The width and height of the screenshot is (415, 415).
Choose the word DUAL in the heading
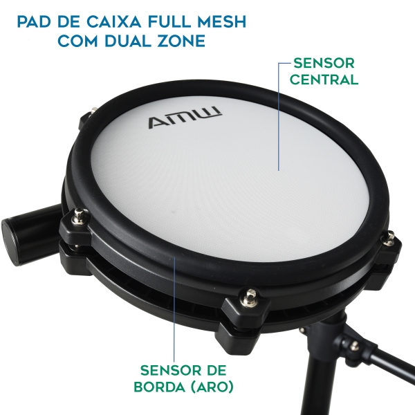coord(126,41)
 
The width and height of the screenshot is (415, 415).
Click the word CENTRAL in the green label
coord(324,79)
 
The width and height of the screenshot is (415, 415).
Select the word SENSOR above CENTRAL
coord(324,62)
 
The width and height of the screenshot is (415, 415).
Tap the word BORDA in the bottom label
coord(164,386)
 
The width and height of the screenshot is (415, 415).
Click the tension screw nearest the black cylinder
coord(80,218)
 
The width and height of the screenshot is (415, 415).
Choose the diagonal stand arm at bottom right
coord(380,373)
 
